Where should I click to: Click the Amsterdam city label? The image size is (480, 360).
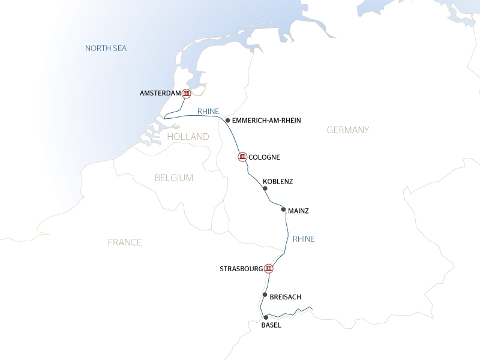160,94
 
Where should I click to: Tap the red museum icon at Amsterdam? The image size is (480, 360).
186,94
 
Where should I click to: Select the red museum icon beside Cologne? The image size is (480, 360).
242,157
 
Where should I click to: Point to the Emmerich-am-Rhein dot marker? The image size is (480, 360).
227,121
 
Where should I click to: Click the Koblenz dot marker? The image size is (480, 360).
265,188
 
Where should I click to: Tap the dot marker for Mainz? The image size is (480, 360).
283,210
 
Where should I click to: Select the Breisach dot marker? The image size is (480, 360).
264,295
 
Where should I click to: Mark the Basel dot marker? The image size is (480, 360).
265,317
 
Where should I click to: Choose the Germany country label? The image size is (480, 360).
348,130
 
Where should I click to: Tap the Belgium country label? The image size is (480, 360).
173,178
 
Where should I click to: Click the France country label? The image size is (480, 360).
124,242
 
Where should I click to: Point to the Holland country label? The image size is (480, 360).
188,137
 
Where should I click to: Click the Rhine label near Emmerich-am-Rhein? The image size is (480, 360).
208,111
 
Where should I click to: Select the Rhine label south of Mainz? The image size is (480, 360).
304,239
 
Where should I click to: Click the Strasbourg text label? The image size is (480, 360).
241,269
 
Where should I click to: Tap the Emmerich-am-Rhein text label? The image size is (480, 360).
266,121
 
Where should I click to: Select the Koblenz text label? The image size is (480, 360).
278,181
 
